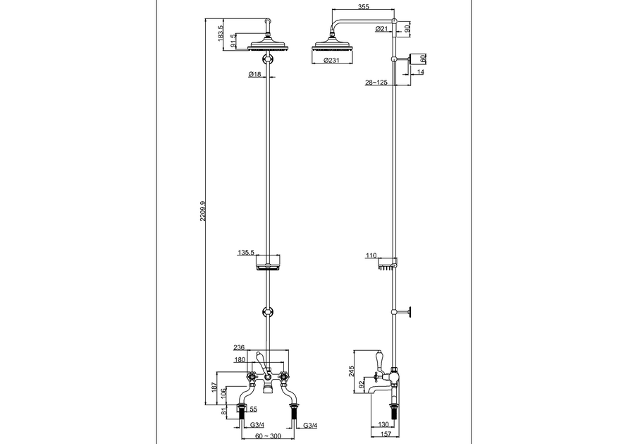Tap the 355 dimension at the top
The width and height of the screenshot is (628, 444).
pyautogui.click(x=362, y=8)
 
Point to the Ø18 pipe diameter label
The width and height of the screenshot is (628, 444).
pyautogui.click(x=254, y=74)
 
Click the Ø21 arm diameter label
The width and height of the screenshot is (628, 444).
pyautogui.click(x=381, y=29)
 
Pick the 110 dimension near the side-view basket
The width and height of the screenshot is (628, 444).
pyautogui.click(x=371, y=256)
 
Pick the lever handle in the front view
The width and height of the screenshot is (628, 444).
pyautogui.click(x=261, y=359)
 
